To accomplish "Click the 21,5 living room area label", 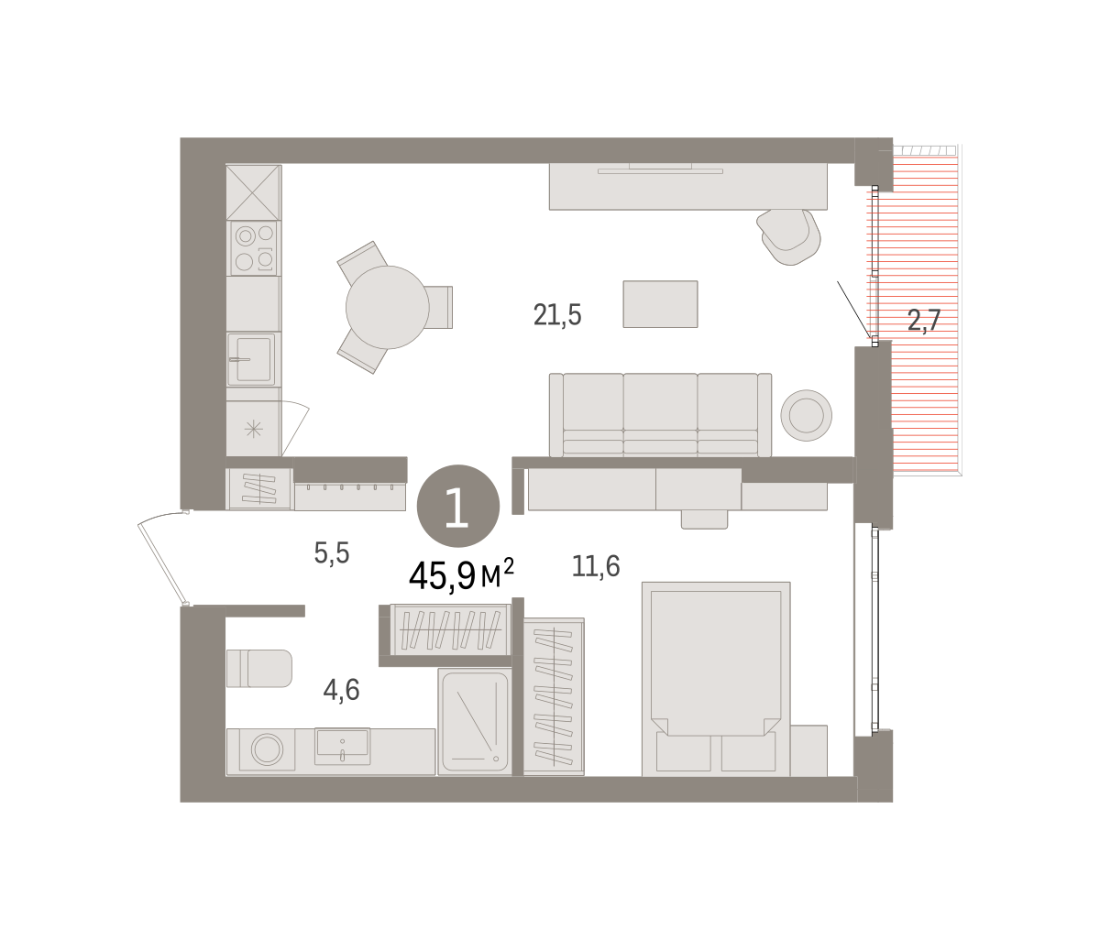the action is (x=557, y=315).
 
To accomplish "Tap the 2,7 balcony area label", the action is (x=924, y=321).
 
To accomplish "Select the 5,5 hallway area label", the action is (x=332, y=553).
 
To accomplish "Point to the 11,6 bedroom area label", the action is (x=596, y=565).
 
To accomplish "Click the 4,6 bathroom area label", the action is (x=341, y=691).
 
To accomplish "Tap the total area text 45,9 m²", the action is (x=461, y=575).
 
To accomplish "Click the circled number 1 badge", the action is (x=458, y=506).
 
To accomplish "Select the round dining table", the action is (x=388, y=308).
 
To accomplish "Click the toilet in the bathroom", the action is (x=259, y=668).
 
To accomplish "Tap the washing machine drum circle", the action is (x=267, y=749).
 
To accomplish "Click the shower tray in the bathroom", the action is (x=475, y=721).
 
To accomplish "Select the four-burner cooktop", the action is (x=254, y=248).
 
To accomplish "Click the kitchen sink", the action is (x=251, y=359).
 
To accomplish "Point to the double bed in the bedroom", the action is (x=716, y=679).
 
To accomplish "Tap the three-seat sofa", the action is (x=660, y=415).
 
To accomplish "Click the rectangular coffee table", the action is (x=660, y=304).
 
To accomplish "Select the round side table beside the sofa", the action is (x=807, y=415).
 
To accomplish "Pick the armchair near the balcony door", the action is (x=788, y=236).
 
